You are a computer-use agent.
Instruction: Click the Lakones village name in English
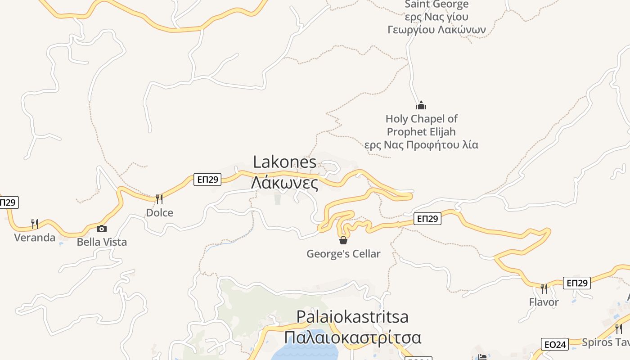click(284, 162)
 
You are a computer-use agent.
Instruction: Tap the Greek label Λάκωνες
click(284, 183)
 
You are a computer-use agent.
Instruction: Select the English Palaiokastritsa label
click(352, 317)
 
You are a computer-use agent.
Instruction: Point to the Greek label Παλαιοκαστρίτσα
click(352, 337)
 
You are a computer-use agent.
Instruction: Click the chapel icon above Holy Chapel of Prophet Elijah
click(421, 106)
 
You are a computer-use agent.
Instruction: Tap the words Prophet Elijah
click(421, 132)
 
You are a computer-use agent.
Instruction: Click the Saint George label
click(436, 4)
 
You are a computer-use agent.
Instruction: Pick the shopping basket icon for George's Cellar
click(343, 240)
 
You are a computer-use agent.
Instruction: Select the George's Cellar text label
click(343, 254)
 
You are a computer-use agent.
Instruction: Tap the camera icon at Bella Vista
click(102, 229)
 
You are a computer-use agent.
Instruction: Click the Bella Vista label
click(102, 242)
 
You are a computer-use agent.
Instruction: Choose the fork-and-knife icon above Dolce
click(159, 199)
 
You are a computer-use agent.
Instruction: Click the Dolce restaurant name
click(159, 213)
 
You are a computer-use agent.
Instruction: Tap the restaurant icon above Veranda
click(34, 223)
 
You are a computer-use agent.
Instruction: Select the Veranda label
click(35, 238)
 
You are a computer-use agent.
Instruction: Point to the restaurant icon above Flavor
click(544, 288)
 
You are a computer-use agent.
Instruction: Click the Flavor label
click(544, 302)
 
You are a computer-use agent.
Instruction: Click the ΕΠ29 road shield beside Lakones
click(207, 180)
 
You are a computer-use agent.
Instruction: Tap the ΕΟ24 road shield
click(555, 345)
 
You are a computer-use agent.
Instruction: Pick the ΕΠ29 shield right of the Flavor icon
click(576, 283)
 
